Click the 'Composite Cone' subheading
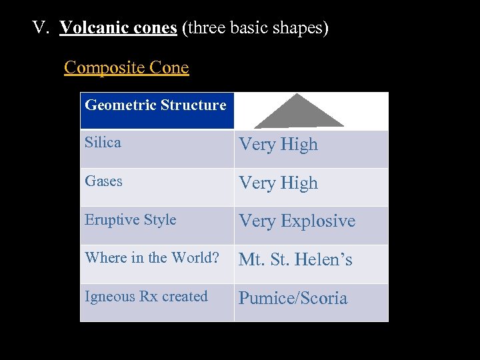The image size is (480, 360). (x=126, y=68)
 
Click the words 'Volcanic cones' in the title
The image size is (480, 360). (x=118, y=29)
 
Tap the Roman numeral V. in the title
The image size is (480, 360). (x=43, y=29)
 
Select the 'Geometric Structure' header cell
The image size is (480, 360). (x=156, y=105)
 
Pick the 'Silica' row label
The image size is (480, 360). (x=103, y=143)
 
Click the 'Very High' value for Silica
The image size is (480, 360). (x=278, y=145)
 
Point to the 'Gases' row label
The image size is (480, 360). (x=103, y=181)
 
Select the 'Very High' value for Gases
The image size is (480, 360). (x=278, y=183)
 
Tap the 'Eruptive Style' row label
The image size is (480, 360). (x=131, y=220)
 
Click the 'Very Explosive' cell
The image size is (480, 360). (x=297, y=221)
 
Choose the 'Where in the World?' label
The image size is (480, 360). (x=151, y=258)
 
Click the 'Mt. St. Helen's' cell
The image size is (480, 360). (x=295, y=260)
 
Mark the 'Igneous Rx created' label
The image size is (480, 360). (x=146, y=297)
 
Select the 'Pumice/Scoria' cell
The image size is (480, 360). (x=293, y=299)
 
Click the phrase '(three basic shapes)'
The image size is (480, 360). (x=255, y=29)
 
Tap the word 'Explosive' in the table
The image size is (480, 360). (x=319, y=221)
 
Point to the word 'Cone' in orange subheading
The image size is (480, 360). (x=169, y=68)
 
